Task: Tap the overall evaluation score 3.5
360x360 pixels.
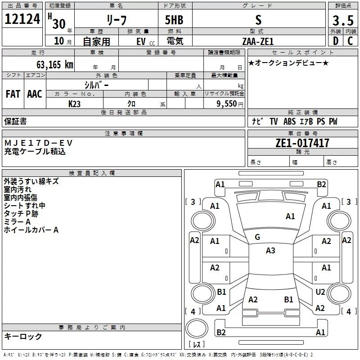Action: [342, 21]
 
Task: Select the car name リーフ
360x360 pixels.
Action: [116, 20]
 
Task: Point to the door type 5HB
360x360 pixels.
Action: [174, 20]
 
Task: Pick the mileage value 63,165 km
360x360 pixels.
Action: [55, 64]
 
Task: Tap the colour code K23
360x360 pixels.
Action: [75, 103]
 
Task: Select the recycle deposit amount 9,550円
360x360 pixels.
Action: [230, 103]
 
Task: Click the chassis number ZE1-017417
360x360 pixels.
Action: [302, 143]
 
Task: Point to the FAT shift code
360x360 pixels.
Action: [13, 94]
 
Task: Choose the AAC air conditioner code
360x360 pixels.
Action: [34, 94]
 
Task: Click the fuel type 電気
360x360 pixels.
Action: [174, 41]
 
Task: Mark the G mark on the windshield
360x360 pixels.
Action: [257, 237]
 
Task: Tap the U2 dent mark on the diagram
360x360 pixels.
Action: [320, 292]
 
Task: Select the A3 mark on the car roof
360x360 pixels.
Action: [270, 251]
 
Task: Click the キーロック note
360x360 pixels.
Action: [23, 336]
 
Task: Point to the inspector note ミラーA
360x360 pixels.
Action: [17, 222]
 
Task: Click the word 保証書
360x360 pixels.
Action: [15, 121]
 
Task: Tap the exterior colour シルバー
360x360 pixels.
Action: [96, 85]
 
